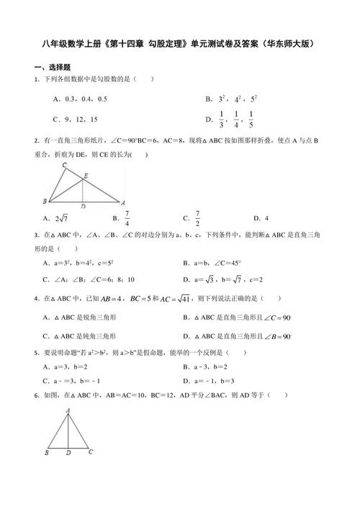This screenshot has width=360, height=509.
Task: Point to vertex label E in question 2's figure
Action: pos(86,175)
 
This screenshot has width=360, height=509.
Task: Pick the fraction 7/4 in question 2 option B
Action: pos(127,218)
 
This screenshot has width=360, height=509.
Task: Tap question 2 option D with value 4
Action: pos(266,218)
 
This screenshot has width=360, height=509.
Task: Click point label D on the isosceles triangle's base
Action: pos(67,454)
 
